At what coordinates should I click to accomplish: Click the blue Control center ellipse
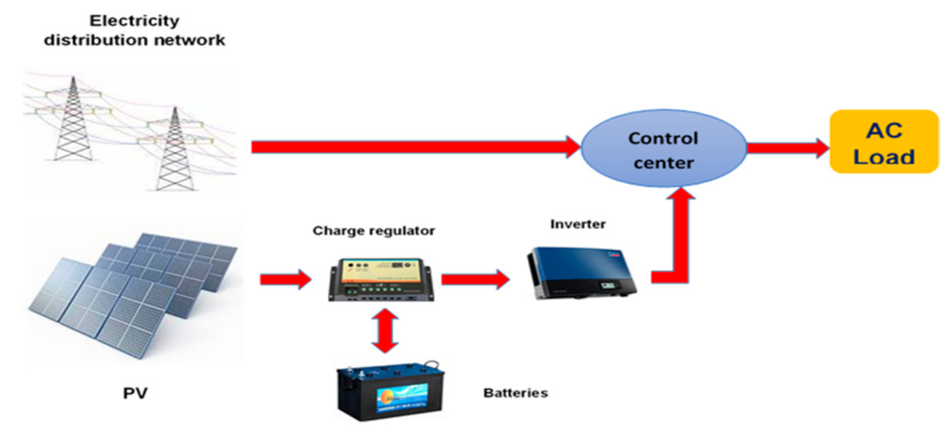point(663,149)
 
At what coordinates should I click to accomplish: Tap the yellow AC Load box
point(883,142)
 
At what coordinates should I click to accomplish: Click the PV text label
point(135,393)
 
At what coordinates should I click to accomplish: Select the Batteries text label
point(515,393)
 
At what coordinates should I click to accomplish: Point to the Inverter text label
point(577,225)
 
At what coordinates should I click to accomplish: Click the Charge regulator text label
point(373,230)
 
